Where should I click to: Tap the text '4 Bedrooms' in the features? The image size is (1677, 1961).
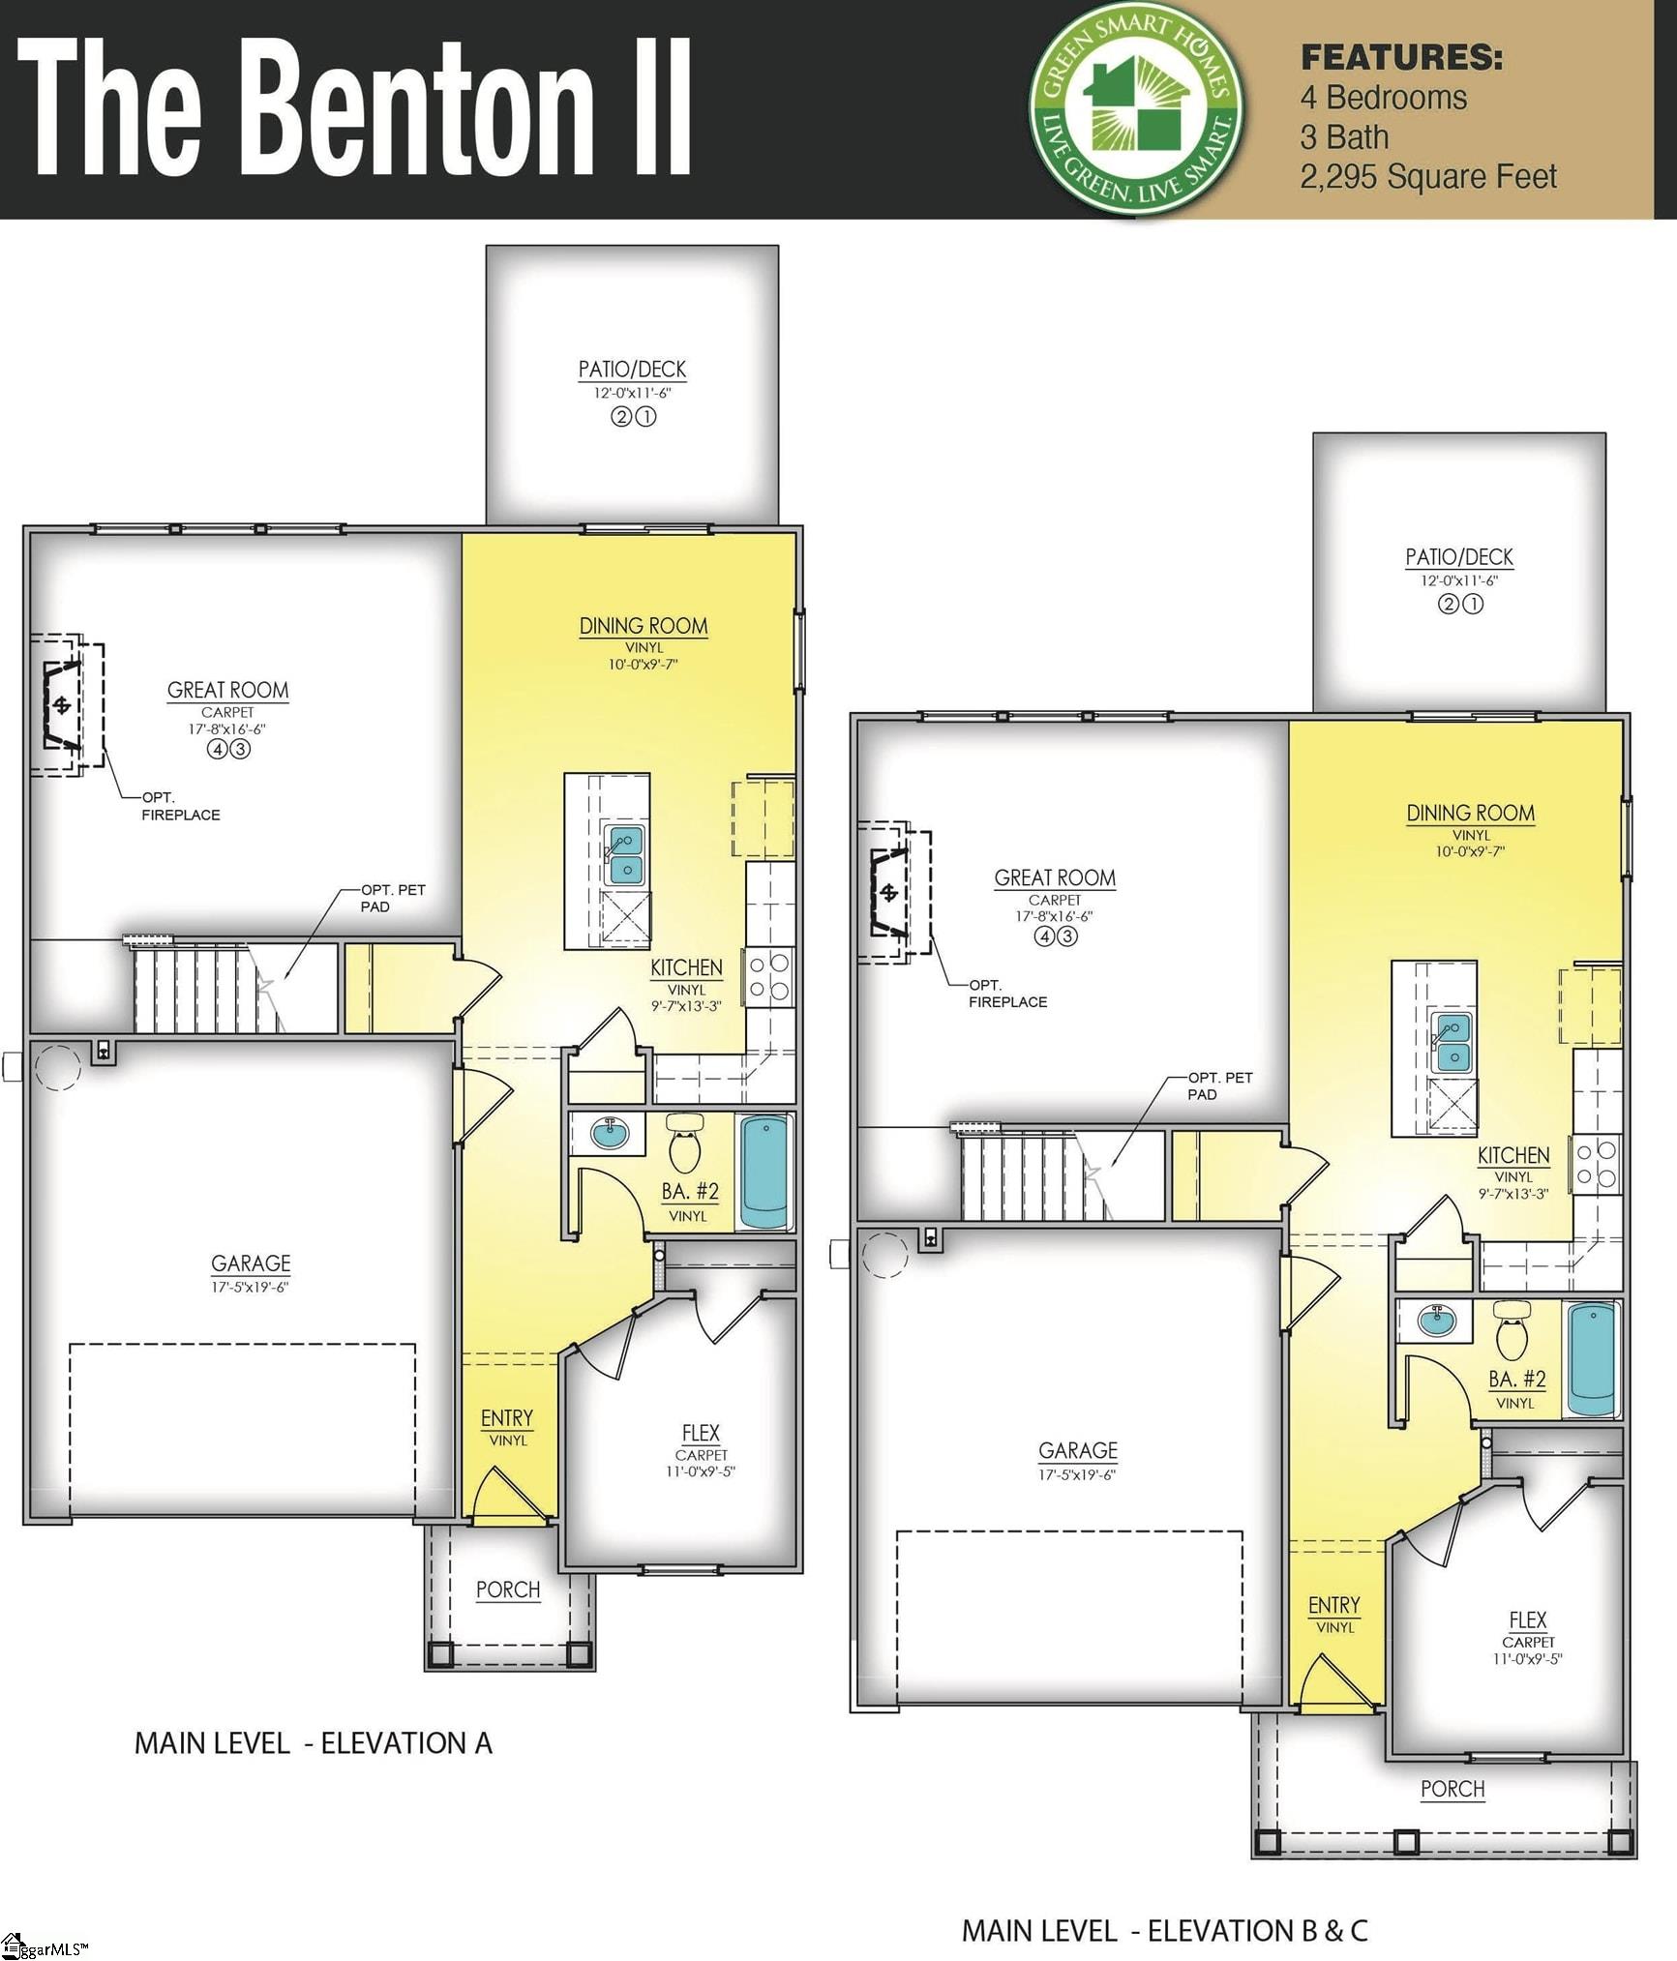tap(1383, 98)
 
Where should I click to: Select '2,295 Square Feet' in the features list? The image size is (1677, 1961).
tap(1427, 177)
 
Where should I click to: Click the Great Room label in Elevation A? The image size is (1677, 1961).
tap(227, 690)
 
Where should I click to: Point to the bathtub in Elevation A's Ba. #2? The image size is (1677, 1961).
tap(764, 1171)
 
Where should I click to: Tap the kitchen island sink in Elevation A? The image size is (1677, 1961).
tap(624, 853)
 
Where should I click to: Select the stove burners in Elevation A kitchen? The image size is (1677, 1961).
tap(769, 976)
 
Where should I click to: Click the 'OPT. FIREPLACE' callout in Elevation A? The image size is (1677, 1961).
tap(181, 806)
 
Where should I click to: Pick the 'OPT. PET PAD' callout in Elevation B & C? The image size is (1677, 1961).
tap(1219, 1085)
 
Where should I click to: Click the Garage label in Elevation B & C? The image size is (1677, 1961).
tap(1078, 1450)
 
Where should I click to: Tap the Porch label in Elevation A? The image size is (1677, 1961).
tap(508, 1590)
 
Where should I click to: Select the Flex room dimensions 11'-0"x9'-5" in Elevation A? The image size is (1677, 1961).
tap(701, 1471)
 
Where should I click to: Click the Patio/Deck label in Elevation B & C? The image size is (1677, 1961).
tap(1459, 557)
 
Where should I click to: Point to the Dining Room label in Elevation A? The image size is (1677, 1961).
tap(644, 626)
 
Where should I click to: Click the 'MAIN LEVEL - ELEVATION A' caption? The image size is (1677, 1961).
tap(313, 1743)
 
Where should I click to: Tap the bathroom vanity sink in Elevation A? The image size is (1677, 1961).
tap(610, 1132)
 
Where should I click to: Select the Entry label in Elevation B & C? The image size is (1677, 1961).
tap(1333, 1606)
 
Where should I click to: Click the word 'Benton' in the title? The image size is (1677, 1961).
tap(423, 109)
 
